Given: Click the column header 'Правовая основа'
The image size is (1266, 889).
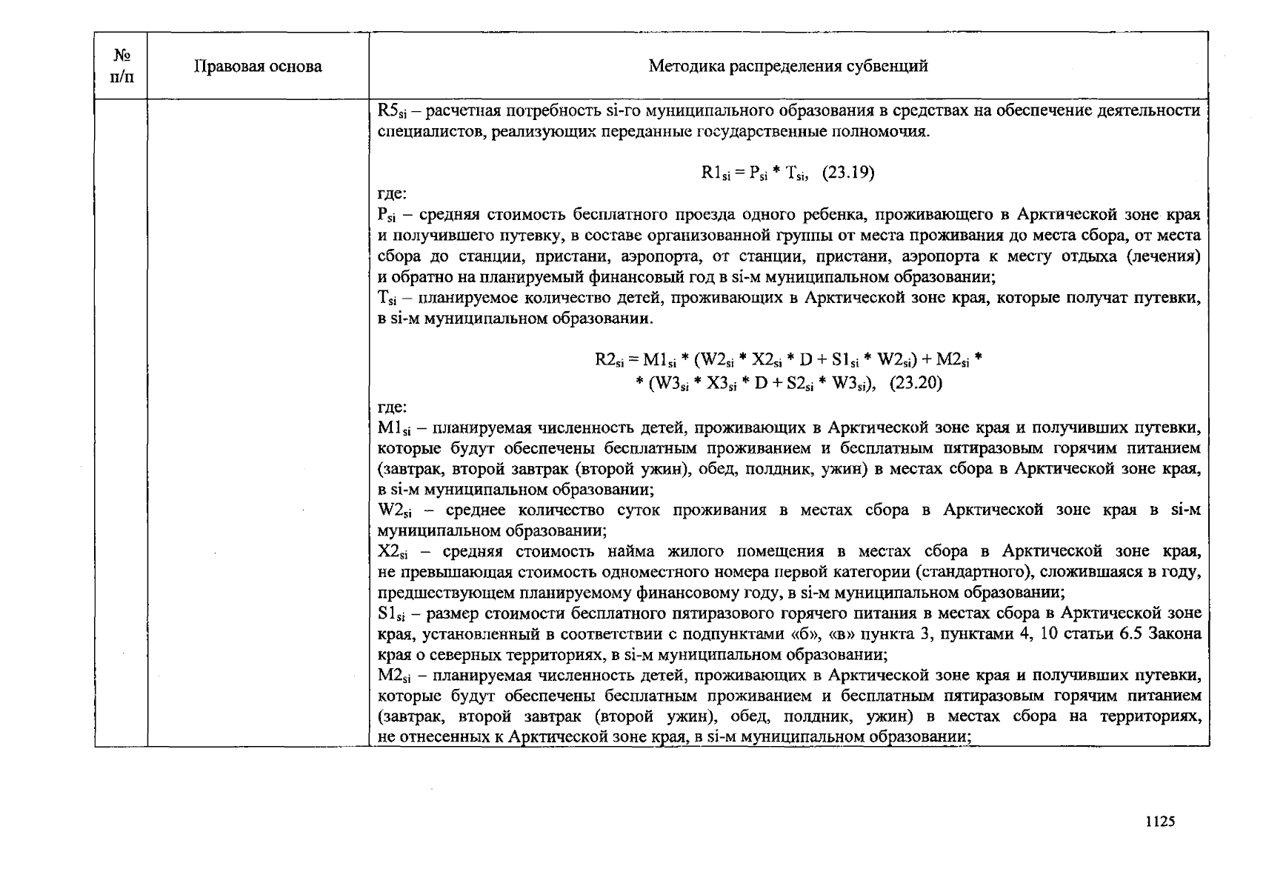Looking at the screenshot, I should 258,67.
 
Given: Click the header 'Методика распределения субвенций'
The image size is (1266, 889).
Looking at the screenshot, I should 788,67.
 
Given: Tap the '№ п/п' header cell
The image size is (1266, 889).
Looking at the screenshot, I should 121,66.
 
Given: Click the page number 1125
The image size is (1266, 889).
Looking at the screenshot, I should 1159,822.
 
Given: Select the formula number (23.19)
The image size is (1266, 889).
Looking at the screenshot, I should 847,173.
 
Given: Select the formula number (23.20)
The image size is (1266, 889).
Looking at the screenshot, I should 915,384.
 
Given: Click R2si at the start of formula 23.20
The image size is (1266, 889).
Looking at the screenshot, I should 610,361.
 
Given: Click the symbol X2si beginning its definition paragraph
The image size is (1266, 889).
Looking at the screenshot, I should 393,552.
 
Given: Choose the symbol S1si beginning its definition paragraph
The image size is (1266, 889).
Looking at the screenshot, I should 392,614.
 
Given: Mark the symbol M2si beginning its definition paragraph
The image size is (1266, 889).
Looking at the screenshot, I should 393,676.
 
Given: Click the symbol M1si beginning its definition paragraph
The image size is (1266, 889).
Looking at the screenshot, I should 393,428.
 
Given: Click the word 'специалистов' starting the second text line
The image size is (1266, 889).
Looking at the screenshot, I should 419,133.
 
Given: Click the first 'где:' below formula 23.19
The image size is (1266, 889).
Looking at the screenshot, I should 392,194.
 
